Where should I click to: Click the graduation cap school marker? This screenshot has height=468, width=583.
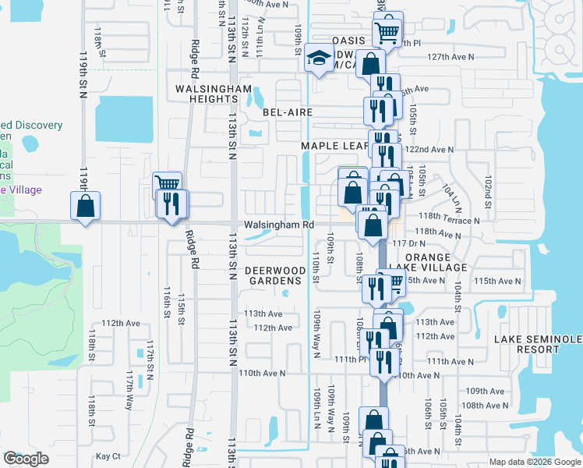[318, 58]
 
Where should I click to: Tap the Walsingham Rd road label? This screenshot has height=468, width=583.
[279, 225]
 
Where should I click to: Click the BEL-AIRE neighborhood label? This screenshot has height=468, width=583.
[288, 112]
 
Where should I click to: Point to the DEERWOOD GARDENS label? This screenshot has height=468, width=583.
[274, 275]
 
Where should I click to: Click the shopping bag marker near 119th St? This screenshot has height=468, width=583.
[85, 207]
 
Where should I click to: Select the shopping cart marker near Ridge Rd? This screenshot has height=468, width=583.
[168, 183]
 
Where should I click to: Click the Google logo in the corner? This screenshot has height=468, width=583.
[26, 459]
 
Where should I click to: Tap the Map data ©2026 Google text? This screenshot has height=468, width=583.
[535, 462]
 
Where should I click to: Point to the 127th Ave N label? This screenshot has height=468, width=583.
[451, 57]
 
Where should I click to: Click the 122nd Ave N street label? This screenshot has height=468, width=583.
[429, 149]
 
